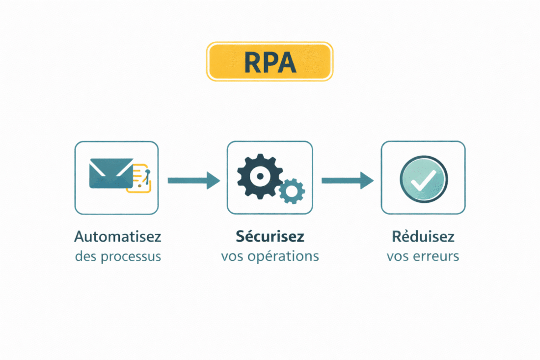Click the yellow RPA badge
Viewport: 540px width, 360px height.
pos(270,61)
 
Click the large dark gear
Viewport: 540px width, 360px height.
pos(259,176)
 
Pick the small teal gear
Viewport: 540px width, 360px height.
pos(292,191)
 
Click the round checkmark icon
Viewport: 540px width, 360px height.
pos(423,177)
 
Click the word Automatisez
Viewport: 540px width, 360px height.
pos(118,237)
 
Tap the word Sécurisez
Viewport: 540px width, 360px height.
pos(270,236)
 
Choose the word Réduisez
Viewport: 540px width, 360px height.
pos(423,236)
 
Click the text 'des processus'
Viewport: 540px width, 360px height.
pos(118,256)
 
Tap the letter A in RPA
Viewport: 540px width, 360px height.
pos(287,62)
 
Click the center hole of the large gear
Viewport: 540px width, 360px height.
pos(259,176)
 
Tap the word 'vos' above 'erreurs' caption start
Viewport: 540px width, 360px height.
pos(398,257)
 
